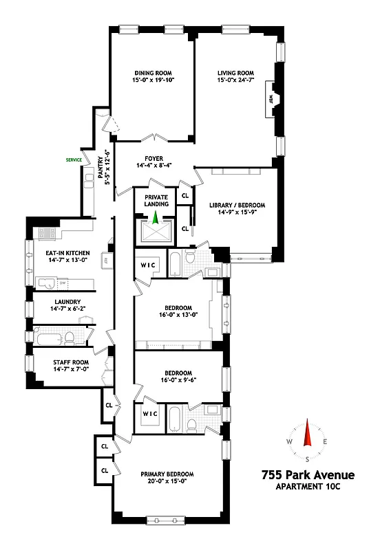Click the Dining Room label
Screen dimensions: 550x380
click(152, 73)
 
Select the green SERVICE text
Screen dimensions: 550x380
click(74, 160)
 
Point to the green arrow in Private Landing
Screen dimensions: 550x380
click(156, 219)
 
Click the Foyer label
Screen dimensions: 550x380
click(154, 157)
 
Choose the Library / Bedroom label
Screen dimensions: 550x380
click(236, 205)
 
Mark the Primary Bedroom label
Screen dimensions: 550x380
click(167, 474)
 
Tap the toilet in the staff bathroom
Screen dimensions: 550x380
click(69, 338)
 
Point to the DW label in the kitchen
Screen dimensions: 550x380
click(62, 283)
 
